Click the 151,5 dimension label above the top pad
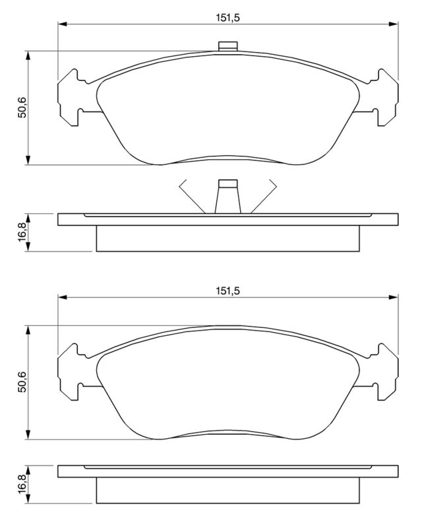tap(228, 18)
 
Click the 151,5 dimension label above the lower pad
tap(228, 291)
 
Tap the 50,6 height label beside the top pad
tap(22, 107)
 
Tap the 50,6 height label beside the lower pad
tap(22, 381)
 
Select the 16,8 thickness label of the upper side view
tap(22, 232)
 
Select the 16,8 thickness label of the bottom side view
tap(22, 484)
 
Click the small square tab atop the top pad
tap(228, 46)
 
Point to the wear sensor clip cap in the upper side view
tap(228, 183)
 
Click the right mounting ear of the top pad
tap(384, 98)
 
